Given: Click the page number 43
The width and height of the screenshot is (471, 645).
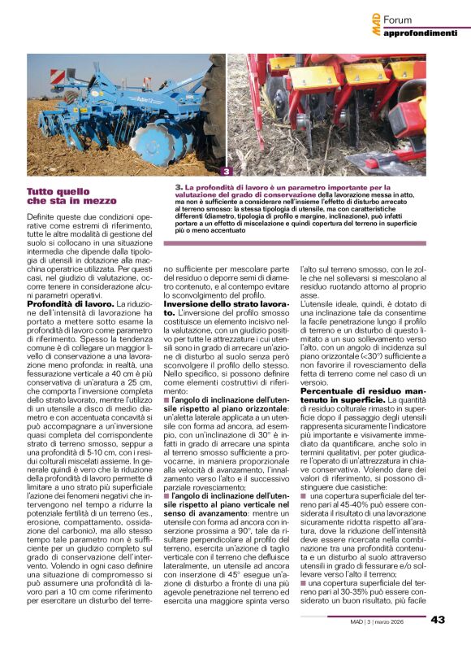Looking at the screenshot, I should coord(438,619).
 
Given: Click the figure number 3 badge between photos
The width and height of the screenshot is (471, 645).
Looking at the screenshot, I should coord(227,172).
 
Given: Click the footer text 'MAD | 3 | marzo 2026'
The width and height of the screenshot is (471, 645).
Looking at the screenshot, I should coord(380,620).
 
